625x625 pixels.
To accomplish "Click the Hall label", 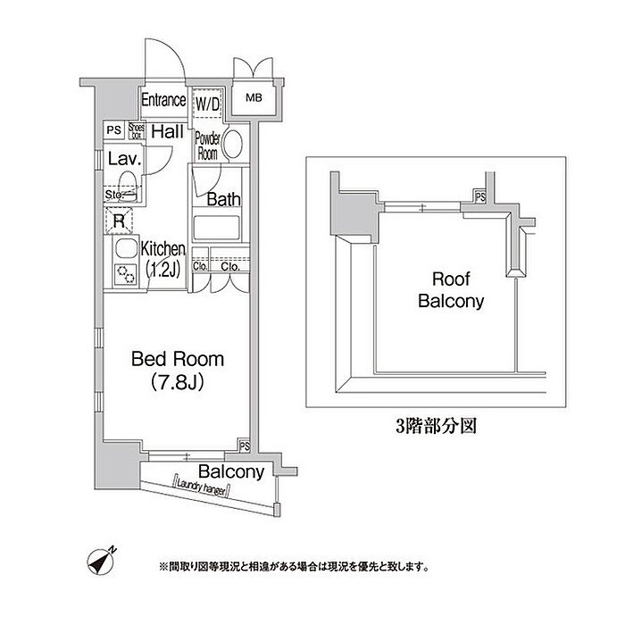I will pos(167,132).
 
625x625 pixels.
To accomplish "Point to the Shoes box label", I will pos(137,130).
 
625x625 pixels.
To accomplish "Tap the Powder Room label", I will pos(207,146).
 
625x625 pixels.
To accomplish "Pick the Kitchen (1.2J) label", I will pos(162,260).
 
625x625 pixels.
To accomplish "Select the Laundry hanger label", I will pos(203,485).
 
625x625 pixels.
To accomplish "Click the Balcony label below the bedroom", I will pos(230,471).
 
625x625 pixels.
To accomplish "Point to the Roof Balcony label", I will pos(451,290).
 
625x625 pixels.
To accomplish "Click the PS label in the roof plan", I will pos(480,196).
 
